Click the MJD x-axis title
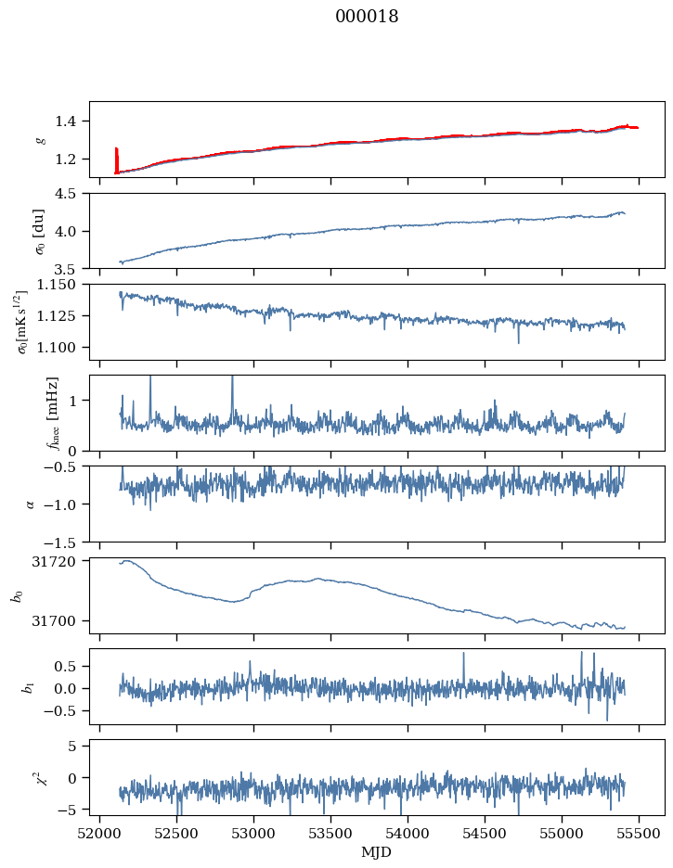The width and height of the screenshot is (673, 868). [x=377, y=852]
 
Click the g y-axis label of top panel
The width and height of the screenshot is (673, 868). [x=40, y=140]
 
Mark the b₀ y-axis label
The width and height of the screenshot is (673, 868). [x=17, y=595]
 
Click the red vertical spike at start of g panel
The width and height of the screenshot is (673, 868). [x=116, y=159]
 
